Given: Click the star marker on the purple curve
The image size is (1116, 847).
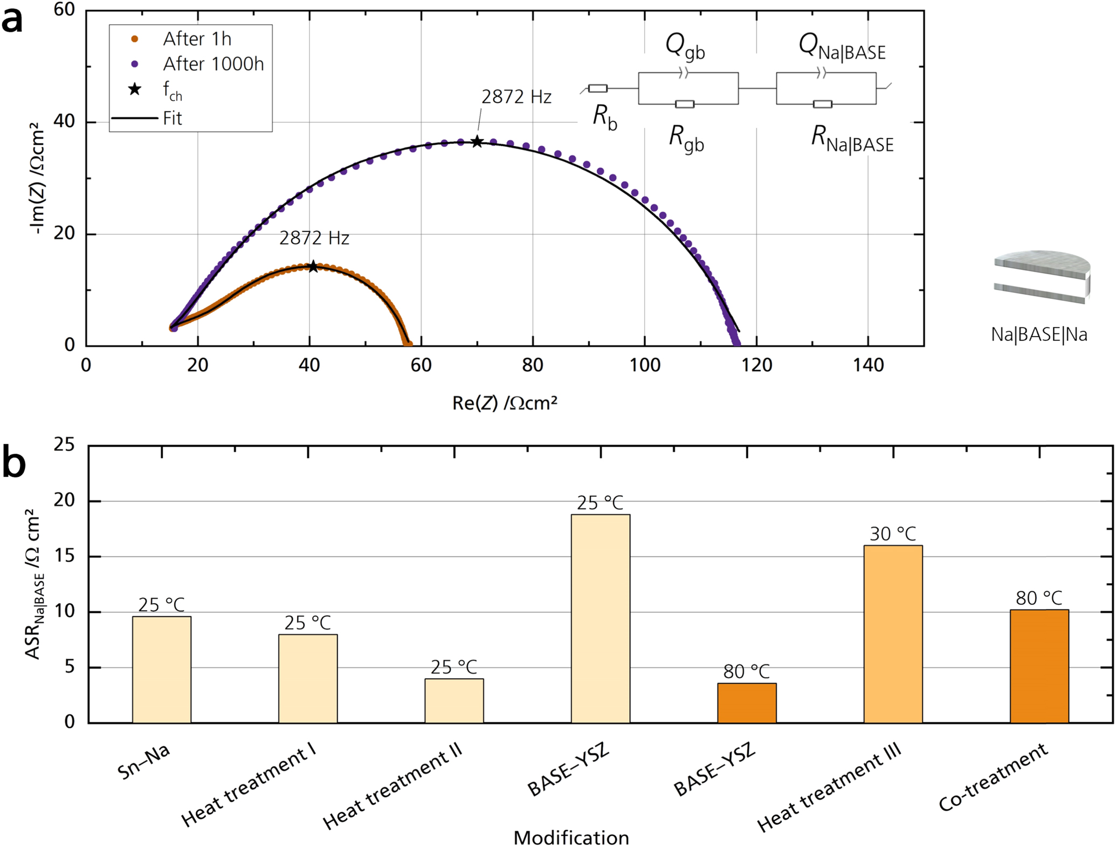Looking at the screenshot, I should [477, 142].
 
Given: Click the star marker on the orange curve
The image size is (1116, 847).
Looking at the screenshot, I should [313, 267].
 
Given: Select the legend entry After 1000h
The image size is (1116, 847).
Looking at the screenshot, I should [213, 64].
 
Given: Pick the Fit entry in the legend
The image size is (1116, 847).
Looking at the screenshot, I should [173, 118].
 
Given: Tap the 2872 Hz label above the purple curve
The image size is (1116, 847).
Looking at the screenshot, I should [516, 97].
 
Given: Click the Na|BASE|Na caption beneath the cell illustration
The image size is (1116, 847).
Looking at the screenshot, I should [1038, 335].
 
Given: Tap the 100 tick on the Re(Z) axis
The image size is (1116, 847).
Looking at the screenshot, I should [645, 366].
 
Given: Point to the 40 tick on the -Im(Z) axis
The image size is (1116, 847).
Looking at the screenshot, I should [64, 122].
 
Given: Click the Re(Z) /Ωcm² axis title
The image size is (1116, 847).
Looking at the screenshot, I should [504, 403].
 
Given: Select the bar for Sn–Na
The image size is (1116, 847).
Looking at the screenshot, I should [162, 670].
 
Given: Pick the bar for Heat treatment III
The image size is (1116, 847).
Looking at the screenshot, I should [893, 634].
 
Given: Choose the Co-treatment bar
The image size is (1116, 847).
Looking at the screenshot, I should [1039, 666].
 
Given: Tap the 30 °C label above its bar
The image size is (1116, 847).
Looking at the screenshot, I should [893, 534].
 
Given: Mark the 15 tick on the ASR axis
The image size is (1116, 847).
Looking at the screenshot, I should [64, 557].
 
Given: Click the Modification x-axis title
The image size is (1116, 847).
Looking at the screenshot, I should [571, 837].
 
